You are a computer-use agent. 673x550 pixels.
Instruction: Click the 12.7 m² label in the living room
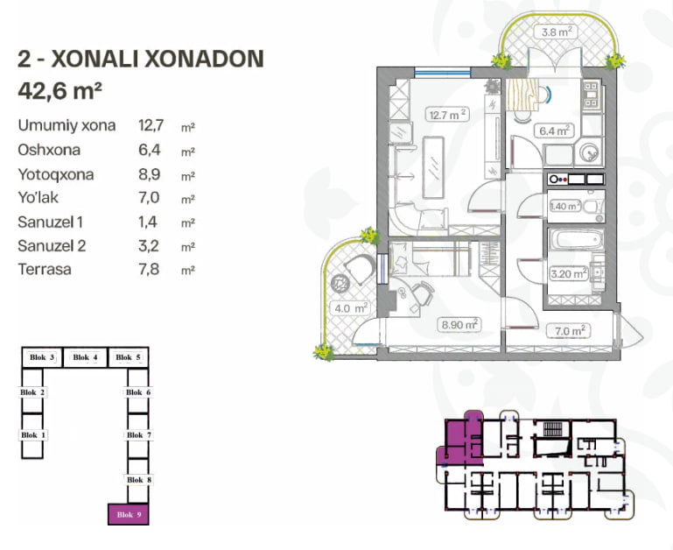point(447,115)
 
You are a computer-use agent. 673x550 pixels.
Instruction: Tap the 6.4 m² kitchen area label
point(554,130)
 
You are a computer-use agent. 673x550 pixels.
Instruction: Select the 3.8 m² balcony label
point(556,32)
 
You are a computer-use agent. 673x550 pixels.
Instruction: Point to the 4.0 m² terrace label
point(351,308)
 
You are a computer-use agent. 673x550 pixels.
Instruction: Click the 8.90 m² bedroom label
point(459,324)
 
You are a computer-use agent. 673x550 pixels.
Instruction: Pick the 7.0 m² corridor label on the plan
point(568,331)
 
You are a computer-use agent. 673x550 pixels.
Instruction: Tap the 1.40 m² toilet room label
point(565,207)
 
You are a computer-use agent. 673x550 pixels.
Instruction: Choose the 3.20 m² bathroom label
point(569,273)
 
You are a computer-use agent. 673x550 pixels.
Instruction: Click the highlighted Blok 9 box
point(129,514)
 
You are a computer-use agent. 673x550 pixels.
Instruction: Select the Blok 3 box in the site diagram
point(42,357)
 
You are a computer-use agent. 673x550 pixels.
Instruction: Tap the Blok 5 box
point(128,357)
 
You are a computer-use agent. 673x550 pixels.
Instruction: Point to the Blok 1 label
point(33,435)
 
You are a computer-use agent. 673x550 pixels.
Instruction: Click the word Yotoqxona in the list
point(56,174)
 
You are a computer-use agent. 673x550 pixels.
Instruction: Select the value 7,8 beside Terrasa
point(149,270)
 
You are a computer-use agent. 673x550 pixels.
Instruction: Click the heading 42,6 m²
point(60,90)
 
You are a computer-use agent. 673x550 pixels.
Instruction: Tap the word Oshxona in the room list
point(49,150)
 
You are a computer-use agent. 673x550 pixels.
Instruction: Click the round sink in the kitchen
point(588,152)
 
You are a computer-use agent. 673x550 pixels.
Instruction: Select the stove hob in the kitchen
point(591,94)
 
